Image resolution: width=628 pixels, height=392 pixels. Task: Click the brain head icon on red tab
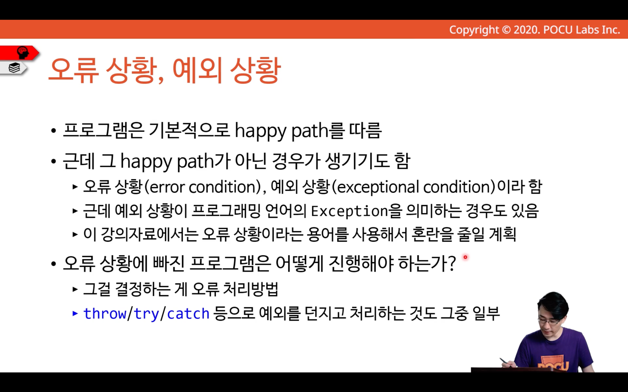[x=23, y=52]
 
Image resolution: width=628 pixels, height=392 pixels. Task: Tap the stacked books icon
[x=14, y=68]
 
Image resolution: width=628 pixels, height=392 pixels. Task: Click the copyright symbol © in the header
[x=506, y=30]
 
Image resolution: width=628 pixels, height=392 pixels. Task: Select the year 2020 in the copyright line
[x=525, y=30]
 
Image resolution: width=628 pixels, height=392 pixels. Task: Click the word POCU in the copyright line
[x=558, y=30]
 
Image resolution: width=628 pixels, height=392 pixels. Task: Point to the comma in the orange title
[x=161, y=80]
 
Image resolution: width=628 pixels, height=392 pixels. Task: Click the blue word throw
[x=105, y=313]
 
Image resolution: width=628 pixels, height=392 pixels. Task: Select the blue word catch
[x=188, y=314]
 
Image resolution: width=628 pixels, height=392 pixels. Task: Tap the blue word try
[x=146, y=314]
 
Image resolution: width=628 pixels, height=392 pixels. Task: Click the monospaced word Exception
[x=349, y=211]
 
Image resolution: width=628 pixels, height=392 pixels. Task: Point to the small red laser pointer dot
[x=465, y=257]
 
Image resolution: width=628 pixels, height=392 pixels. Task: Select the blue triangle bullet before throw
[x=75, y=313]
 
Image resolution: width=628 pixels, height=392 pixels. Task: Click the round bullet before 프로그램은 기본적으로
[x=54, y=131]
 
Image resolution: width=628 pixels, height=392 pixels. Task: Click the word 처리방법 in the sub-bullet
[x=250, y=289]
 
